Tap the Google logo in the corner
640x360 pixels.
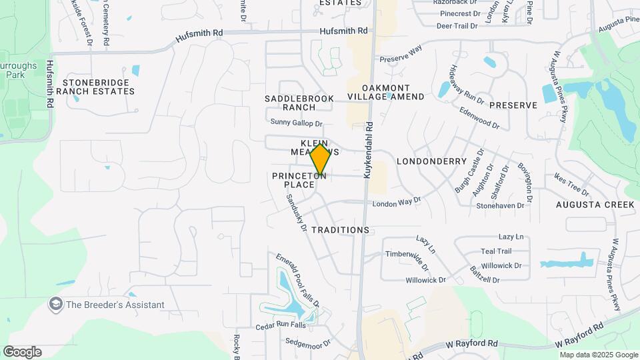coord(22,352)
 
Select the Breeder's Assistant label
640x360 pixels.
coord(115,305)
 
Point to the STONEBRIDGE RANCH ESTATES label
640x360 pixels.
coord(99,87)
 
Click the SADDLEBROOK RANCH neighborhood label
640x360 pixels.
coord(289,103)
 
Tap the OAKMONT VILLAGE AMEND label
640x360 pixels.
coord(385,92)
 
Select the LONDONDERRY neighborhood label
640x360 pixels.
coord(431,161)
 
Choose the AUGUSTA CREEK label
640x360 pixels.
coord(596,205)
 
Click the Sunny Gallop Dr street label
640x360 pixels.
coord(296,123)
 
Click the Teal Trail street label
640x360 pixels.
coord(496,251)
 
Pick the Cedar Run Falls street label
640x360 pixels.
coord(280,326)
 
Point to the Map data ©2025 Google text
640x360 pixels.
coord(599,355)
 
